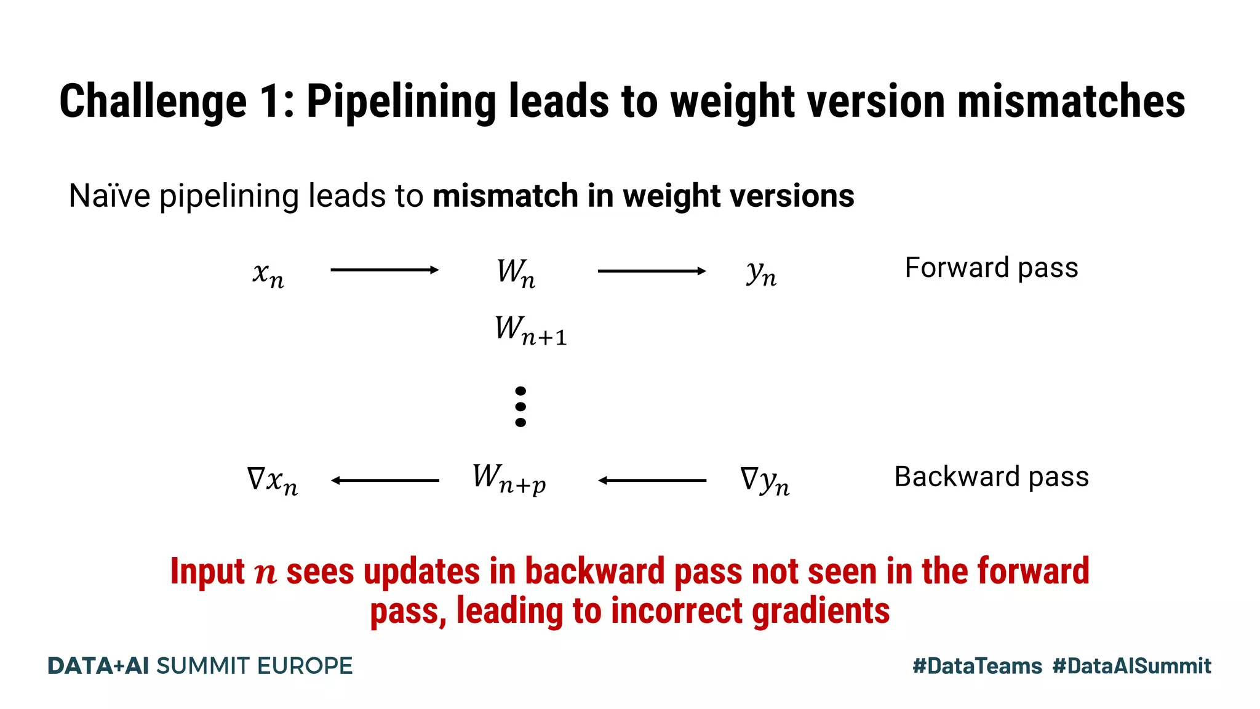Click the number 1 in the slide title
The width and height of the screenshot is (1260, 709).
point(269,102)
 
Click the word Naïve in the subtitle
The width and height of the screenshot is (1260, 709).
point(110,196)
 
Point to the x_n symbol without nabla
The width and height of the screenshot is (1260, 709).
point(268,274)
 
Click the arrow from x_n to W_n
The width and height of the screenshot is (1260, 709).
point(385,270)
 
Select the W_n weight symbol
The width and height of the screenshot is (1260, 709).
point(516,273)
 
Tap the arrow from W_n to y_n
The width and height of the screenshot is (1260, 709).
point(652,271)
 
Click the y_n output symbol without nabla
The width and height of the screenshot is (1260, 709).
point(762,273)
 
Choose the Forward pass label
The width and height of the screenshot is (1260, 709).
point(991,268)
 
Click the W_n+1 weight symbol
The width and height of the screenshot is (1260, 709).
point(530,330)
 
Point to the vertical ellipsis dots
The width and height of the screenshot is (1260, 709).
point(520,407)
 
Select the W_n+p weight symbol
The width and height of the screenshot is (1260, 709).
point(509,479)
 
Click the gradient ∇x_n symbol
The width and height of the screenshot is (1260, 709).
point(272,480)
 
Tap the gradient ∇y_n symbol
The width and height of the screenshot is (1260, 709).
point(765,480)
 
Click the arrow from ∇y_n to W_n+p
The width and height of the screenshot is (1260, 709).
point(652,481)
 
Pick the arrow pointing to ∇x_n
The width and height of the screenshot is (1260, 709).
point(385,481)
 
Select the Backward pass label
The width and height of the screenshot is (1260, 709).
point(991,477)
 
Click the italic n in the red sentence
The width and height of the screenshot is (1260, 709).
point(266,573)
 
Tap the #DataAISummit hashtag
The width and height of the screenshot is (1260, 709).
point(1131,666)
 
